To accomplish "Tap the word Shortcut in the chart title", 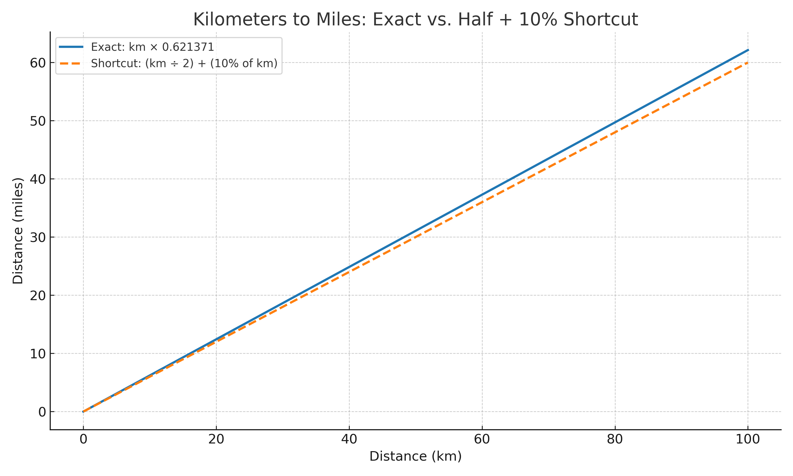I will click(600, 20).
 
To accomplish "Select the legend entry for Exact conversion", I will click(152, 47).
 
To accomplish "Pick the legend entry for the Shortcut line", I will click(184, 63).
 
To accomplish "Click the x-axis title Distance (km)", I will click(416, 456).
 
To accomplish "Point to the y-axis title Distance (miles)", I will click(18, 231).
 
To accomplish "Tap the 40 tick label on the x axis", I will click(349, 440).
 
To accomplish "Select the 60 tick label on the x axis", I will click(482, 440).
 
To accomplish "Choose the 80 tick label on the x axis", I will click(615, 440).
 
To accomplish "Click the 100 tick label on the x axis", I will click(748, 440).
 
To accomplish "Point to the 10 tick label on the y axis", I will click(38, 354).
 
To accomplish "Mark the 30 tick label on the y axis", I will click(38, 237).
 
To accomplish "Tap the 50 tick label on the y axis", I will click(38, 121).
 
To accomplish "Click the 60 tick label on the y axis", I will click(38, 63).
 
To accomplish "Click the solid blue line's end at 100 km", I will click(748, 50).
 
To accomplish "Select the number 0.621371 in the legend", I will click(188, 47).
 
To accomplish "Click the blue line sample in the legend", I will click(71, 47).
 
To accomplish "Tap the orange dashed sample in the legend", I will click(71, 63).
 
